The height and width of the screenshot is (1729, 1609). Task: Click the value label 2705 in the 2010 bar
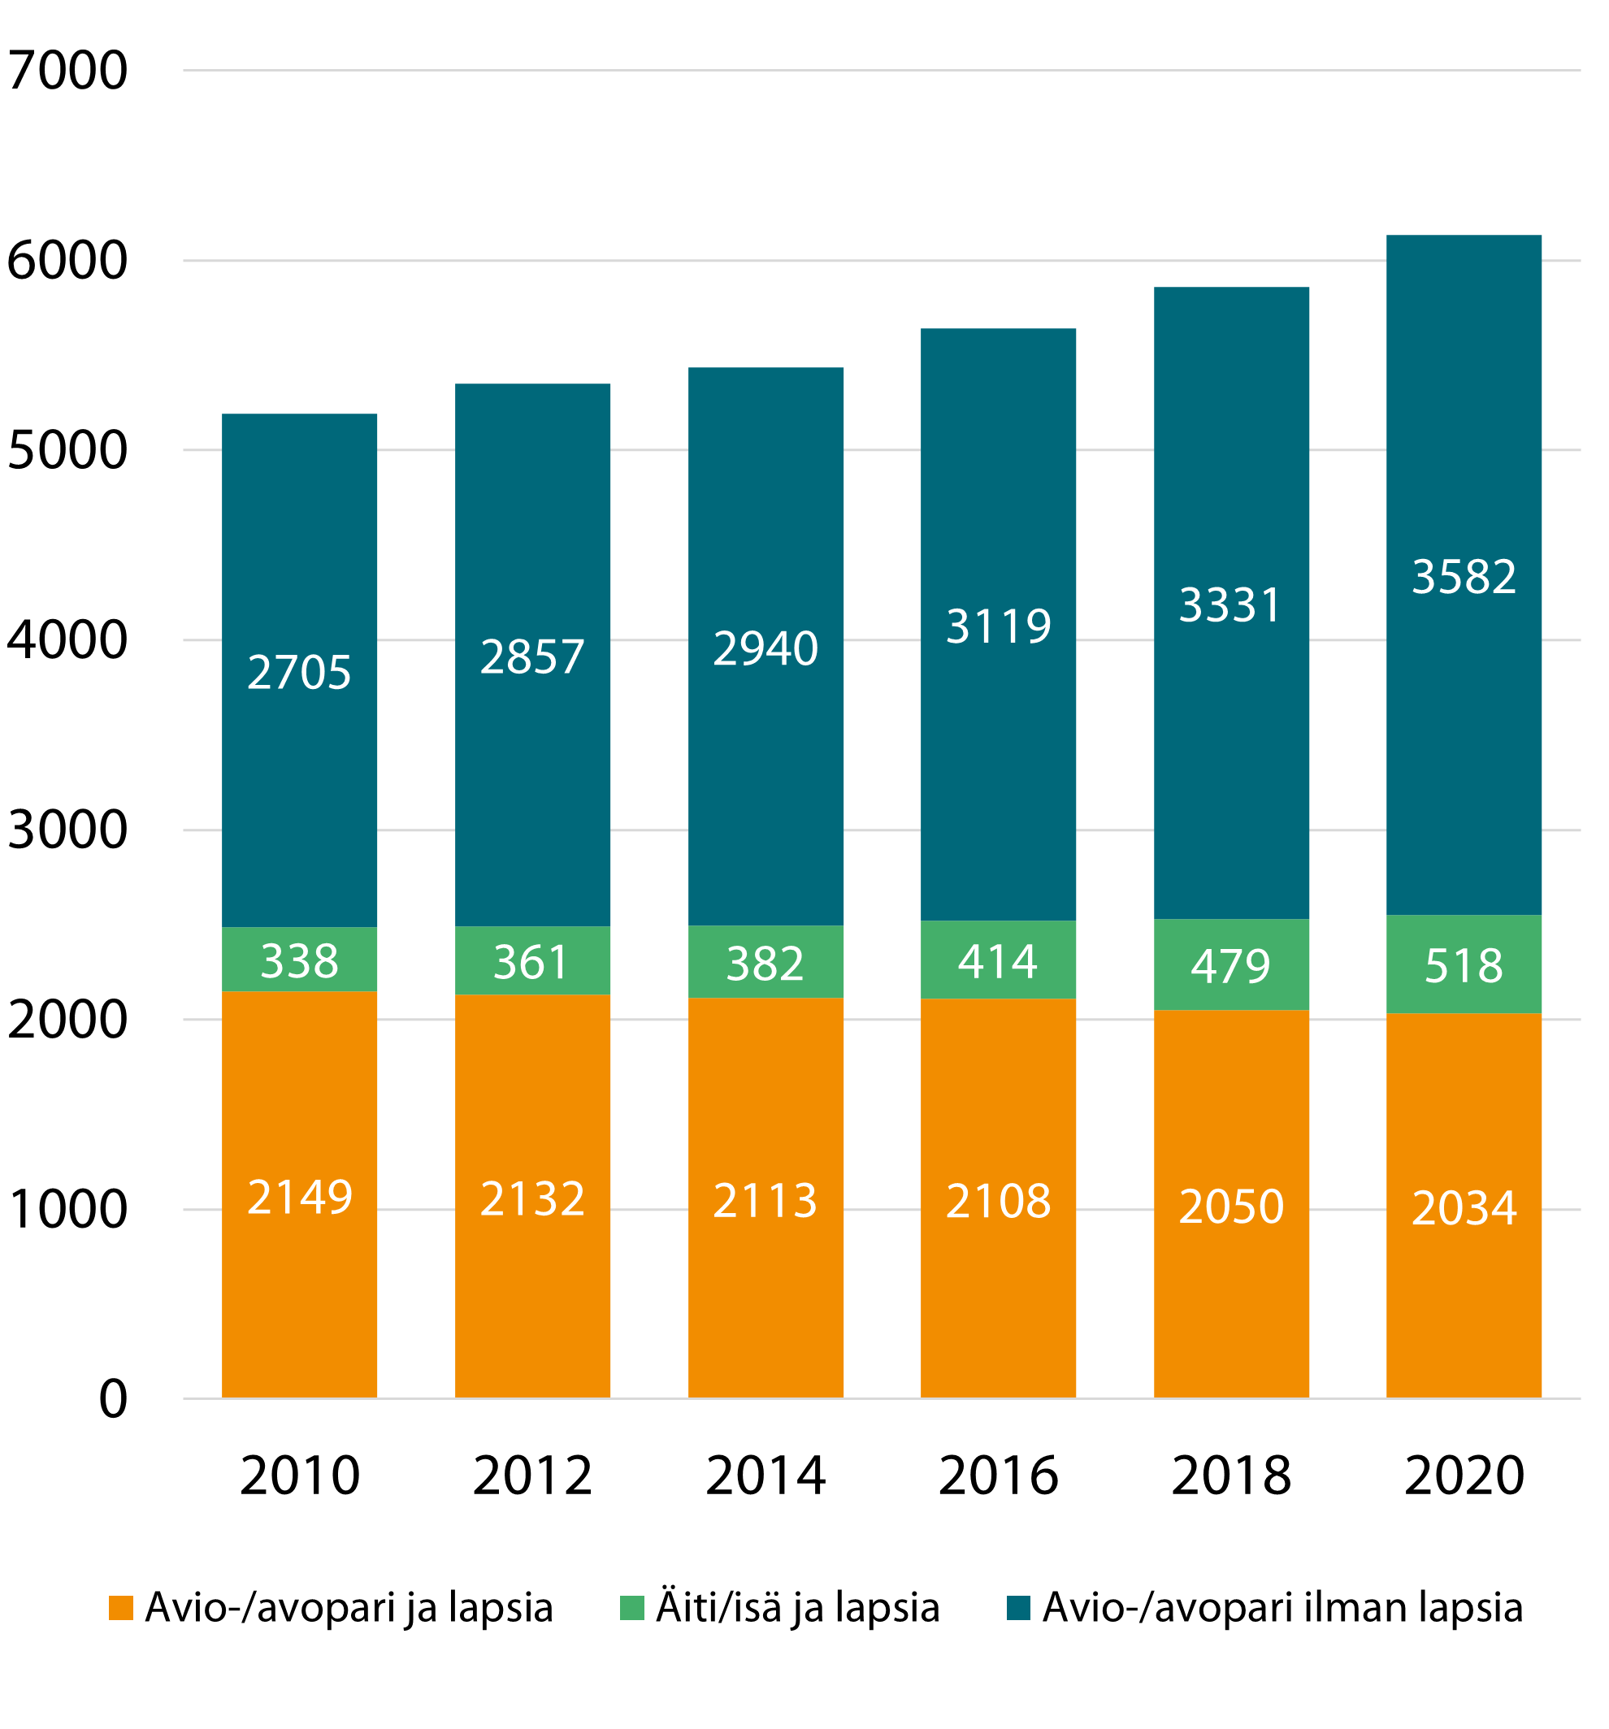pos(299,672)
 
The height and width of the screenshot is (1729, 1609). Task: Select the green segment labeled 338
pos(299,960)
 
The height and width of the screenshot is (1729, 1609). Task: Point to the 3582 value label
pos(1464,577)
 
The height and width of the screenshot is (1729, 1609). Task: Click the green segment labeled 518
pos(1464,965)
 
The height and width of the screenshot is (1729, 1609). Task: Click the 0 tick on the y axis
pos(113,1399)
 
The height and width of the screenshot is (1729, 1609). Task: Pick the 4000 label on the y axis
pos(67,641)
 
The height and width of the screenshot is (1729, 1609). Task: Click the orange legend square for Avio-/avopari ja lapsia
pos(121,1608)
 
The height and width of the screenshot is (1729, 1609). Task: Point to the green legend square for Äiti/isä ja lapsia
pos(631,1608)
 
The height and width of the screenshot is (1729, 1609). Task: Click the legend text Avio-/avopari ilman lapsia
pos(1283,1608)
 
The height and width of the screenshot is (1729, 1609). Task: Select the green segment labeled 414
pos(999,961)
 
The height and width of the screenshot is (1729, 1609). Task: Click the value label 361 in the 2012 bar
pos(531,962)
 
